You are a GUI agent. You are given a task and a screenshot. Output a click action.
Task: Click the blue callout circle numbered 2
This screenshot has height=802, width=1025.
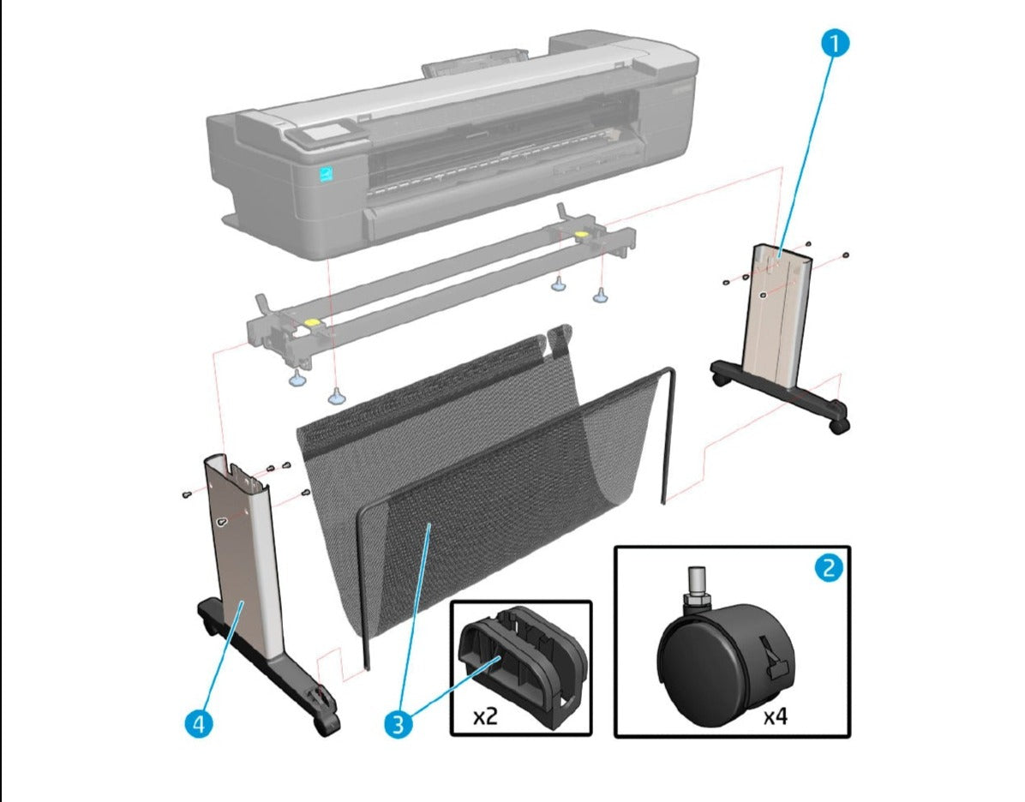(827, 568)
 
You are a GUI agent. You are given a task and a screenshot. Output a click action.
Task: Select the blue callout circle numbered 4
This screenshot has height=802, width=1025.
(198, 724)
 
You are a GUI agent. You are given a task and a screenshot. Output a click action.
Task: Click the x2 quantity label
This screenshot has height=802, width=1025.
(486, 716)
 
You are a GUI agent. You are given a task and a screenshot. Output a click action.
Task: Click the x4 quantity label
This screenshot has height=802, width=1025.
(776, 716)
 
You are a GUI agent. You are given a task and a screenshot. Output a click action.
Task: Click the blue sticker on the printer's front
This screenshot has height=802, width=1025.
(325, 173)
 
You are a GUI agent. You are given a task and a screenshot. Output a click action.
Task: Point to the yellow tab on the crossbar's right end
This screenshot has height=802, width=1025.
(580, 233)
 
